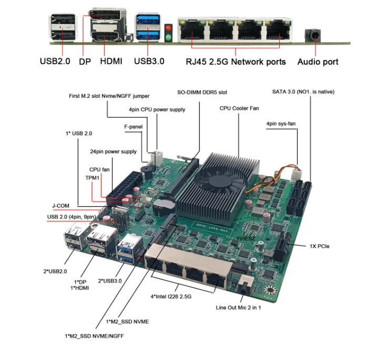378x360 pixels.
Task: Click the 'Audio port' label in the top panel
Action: click(x=318, y=62)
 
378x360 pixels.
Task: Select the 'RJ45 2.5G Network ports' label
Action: click(x=236, y=62)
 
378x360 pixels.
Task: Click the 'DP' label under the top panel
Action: click(x=85, y=62)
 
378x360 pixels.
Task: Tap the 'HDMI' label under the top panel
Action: click(x=110, y=62)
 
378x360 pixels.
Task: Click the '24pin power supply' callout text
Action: click(x=113, y=152)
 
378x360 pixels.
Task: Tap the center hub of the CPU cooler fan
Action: click(x=217, y=181)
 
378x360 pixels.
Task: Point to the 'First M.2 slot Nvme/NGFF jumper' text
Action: click(x=109, y=96)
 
